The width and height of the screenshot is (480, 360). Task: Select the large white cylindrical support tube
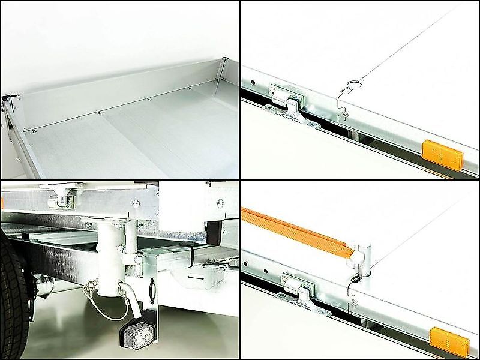click(x=111, y=258)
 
